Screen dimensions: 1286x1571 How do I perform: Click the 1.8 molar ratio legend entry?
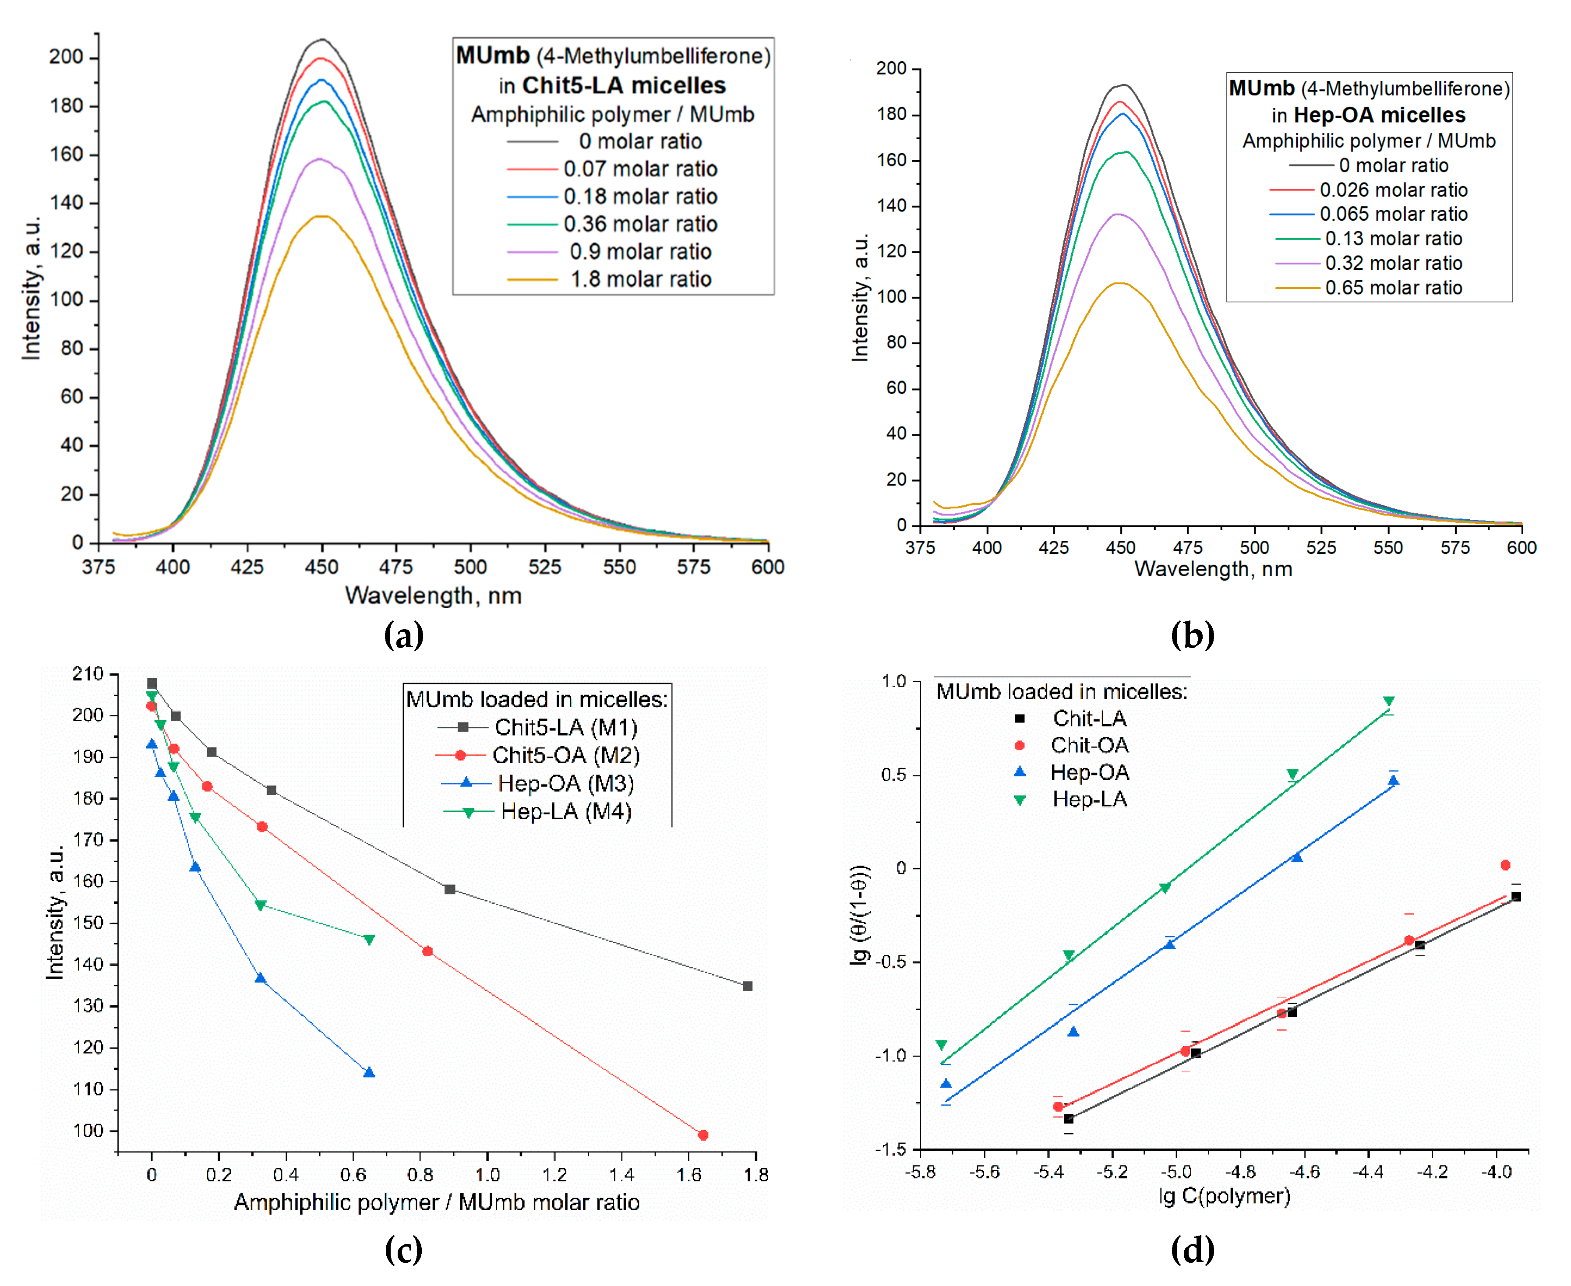tap(640, 279)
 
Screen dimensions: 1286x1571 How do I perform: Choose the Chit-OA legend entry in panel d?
tap(1089, 745)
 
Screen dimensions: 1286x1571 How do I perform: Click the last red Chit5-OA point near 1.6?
tap(703, 1135)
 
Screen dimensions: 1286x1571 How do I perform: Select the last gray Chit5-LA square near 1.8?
tap(748, 986)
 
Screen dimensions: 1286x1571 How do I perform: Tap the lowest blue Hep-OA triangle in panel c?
tap(369, 1073)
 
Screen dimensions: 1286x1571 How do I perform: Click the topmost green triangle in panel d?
tap(1389, 701)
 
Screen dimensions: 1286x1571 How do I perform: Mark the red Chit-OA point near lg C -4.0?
tap(1505, 865)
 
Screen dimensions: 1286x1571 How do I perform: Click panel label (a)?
tap(404, 635)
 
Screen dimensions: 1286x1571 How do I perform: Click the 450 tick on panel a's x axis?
tap(321, 567)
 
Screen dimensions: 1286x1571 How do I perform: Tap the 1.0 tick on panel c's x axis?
tap(487, 1175)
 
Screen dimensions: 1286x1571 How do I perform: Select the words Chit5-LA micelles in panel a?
tap(624, 85)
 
